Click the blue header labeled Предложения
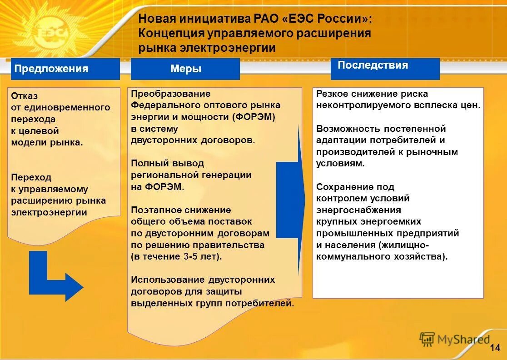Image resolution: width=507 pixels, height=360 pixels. pos(65,69)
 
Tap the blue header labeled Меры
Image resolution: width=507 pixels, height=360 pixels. pos(185,69)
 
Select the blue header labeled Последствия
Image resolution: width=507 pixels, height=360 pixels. pos(385,69)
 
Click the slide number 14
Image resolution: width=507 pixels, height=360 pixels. pos(495,348)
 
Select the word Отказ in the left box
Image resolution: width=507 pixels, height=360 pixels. pos(25,96)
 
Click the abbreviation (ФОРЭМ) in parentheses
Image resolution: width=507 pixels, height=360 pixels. pos(253,117)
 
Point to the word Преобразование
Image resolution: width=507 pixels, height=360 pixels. pos(170,94)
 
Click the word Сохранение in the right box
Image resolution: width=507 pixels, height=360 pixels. pos(343,187)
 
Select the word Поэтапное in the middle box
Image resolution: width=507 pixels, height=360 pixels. pos(155,210)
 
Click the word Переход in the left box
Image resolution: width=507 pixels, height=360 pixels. pos(31,177)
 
